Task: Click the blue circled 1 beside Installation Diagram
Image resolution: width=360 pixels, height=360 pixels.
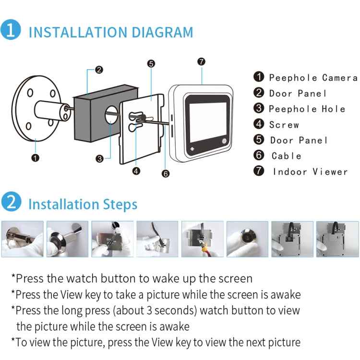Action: coord(11,30)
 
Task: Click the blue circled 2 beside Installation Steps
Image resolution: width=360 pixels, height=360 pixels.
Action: coord(11,202)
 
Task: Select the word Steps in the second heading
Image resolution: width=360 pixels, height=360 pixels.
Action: coord(120,204)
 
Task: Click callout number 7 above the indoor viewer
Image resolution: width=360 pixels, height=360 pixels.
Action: coord(201,61)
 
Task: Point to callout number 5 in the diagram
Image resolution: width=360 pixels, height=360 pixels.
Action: coord(151,63)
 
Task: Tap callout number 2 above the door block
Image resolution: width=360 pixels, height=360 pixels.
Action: coord(99,70)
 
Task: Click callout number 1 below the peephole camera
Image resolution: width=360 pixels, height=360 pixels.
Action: coord(36,158)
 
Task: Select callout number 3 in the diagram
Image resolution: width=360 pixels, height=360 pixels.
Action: coord(100,159)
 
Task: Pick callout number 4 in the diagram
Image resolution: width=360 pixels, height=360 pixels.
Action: coord(136,171)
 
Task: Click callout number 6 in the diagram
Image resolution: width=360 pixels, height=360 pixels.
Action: coord(166,174)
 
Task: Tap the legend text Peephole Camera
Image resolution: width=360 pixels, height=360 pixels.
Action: coord(313,78)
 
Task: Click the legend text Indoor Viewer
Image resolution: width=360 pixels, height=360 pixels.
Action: coord(311,172)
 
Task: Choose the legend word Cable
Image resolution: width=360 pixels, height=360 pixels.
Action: coord(286,156)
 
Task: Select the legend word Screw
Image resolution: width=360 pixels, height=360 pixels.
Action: coord(284,125)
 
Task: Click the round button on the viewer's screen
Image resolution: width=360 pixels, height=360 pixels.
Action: coord(224,141)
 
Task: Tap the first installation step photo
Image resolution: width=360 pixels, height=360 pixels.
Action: coord(22,239)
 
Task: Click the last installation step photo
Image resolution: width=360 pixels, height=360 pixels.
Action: coord(337,239)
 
